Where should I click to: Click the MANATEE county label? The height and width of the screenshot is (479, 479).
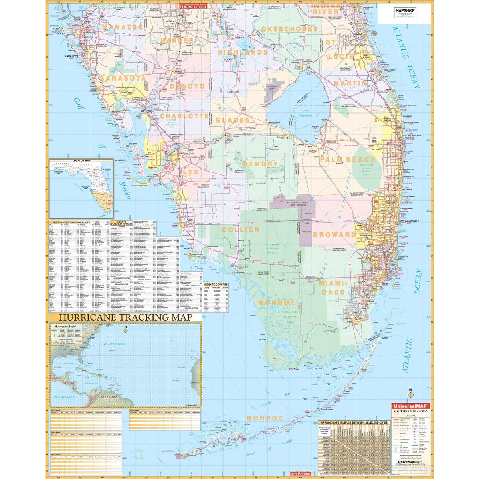[x=122, y=27]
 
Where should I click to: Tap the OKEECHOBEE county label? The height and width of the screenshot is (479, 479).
[x=290, y=29]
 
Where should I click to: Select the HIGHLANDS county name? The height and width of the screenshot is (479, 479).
[x=243, y=52]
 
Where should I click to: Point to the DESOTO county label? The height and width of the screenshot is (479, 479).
[x=187, y=86]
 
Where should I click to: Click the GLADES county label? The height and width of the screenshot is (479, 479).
[x=233, y=120]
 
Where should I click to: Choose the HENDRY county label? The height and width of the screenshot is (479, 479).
[x=260, y=164]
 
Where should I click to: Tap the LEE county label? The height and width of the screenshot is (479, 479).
[x=191, y=172]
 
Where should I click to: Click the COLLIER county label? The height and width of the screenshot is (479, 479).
[x=241, y=230]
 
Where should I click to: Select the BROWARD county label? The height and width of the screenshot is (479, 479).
[x=335, y=234]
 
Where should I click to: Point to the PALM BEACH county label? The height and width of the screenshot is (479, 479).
[x=348, y=160]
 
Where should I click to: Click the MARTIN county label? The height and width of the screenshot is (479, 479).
[x=350, y=83]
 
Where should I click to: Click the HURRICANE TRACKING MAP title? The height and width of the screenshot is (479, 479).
[x=126, y=317]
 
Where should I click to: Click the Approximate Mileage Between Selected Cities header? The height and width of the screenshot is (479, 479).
[x=354, y=422]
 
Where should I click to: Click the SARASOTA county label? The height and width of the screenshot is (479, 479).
[x=123, y=78]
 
